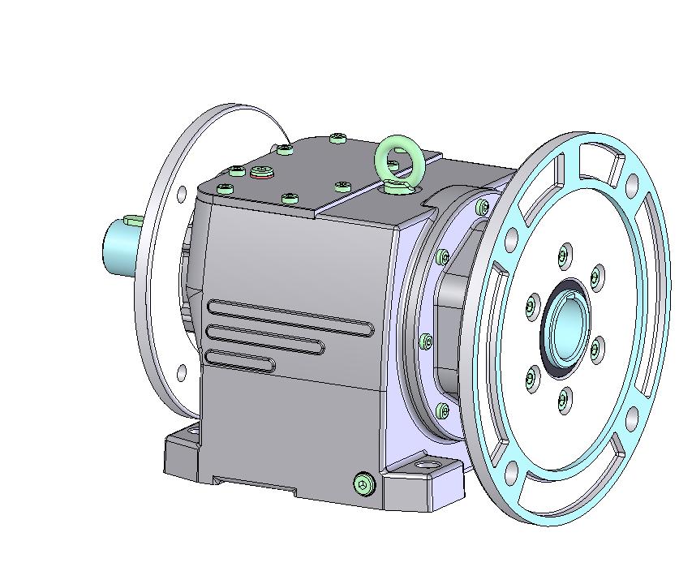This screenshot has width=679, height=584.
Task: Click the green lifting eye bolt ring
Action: click(399, 159)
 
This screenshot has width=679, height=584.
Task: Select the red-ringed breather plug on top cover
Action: click(261, 172)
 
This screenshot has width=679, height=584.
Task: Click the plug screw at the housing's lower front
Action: click(364, 484)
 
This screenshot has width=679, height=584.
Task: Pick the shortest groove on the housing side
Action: click(240, 360)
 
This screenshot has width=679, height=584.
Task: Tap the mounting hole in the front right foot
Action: click(426, 466)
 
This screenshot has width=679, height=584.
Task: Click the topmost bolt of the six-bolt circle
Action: click(564, 257)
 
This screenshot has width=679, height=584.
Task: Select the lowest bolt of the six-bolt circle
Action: click(564, 398)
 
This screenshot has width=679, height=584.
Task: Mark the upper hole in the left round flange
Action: click(182, 193)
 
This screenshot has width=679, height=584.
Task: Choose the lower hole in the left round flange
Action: click(182, 372)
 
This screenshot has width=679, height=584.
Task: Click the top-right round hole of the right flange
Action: click(631, 186)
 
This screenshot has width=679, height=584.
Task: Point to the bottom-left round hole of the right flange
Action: click(510, 470)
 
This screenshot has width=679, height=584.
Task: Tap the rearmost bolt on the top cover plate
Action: click(337, 139)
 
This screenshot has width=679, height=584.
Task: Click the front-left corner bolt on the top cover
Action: click(226, 189)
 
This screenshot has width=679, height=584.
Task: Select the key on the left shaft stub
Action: click(133, 220)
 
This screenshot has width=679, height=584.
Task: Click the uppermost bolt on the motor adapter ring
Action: click(483, 208)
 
